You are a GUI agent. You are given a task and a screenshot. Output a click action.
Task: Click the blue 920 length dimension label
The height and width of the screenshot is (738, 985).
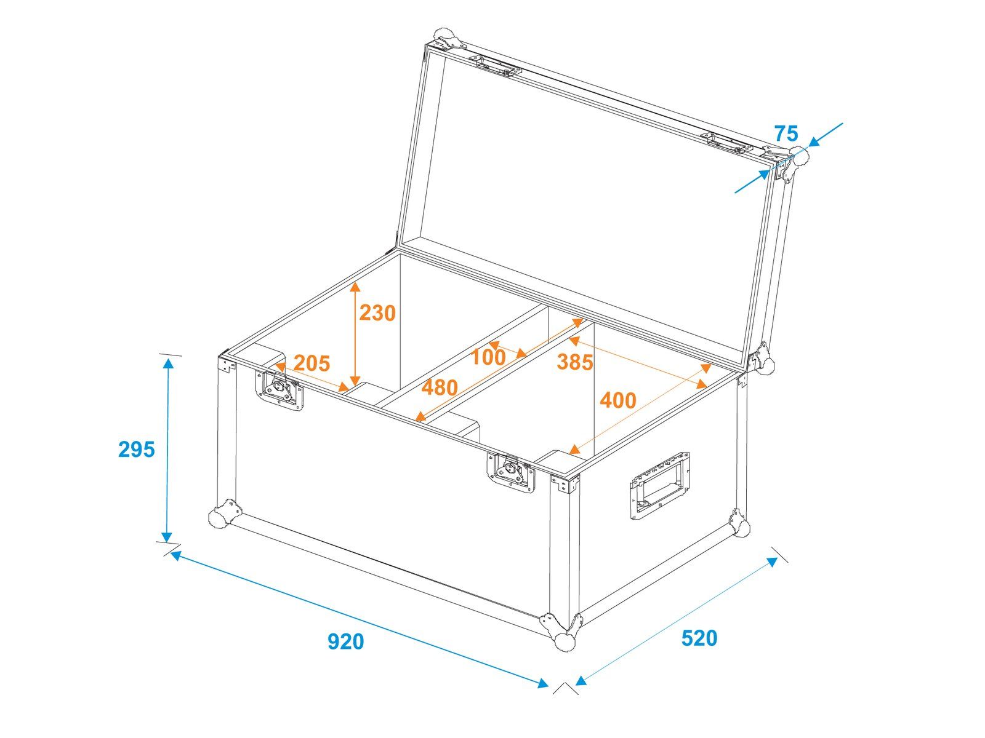coord(345,641)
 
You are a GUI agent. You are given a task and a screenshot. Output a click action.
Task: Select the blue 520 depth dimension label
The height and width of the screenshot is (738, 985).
coord(699,638)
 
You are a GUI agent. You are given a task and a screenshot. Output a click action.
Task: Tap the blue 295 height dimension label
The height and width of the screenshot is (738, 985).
coord(137,449)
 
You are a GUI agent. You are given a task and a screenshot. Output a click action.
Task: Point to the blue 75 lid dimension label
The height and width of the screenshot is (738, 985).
coord(786,133)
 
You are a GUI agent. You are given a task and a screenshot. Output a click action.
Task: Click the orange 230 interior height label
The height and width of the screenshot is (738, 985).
coord(377,313)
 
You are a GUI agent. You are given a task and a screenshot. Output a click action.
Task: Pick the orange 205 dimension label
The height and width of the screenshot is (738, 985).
coord(312,363)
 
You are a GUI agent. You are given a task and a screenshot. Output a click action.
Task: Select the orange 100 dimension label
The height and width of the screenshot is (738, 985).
coord(488,357)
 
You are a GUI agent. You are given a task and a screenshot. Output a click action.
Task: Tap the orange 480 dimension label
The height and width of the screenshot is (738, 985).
coord(440,387)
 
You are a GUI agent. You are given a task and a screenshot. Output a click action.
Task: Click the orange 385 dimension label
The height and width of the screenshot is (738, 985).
coord(575,362)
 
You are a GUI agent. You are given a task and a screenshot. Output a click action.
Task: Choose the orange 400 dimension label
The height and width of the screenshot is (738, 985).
coord(618,400)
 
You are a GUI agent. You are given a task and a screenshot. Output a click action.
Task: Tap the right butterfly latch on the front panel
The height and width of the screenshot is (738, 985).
coord(511,473)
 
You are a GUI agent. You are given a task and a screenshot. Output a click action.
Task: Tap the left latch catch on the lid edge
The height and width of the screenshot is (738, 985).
coord(495,66)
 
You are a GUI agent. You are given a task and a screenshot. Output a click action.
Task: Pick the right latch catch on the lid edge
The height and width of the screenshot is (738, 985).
coord(728,143)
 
